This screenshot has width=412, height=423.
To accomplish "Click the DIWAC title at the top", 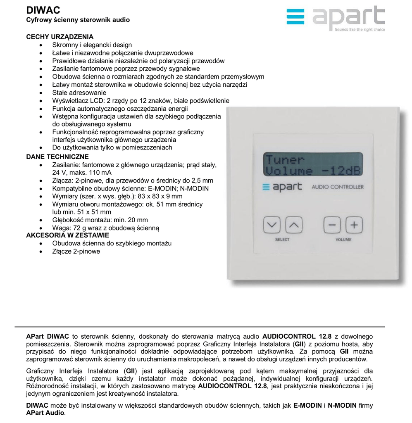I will (43, 10).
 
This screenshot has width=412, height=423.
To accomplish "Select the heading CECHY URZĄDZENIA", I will (60, 37).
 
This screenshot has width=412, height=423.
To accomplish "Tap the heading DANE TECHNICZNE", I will (57, 157).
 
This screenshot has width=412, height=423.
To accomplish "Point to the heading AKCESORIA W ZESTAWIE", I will (67, 235).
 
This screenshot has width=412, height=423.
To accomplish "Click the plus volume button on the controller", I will (354, 225).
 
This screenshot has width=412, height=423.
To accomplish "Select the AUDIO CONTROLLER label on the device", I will (337, 187).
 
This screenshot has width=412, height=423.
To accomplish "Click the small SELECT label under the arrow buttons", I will (282, 240).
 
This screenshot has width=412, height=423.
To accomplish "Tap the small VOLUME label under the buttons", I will (343, 240).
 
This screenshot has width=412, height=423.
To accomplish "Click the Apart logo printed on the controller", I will (282, 187).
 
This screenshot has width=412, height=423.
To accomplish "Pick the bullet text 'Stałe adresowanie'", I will (79, 93).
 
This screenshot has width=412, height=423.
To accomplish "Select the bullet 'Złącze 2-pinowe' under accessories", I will (76, 251).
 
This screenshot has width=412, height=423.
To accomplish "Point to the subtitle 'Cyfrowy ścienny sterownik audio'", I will (78, 20).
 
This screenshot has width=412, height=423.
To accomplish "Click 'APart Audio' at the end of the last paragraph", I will (45, 413).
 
